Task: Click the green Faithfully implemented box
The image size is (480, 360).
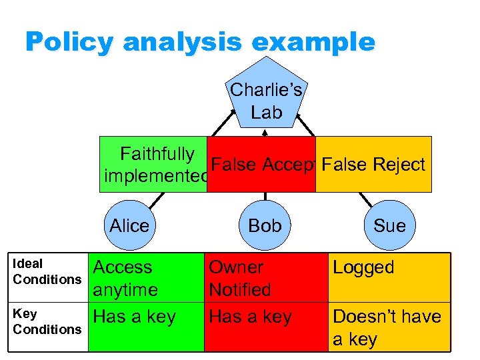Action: pyautogui.click(x=153, y=165)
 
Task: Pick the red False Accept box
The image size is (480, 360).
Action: pyautogui.click(x=261, y=165)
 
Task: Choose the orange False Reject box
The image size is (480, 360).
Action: pyautogui.click(x=373, y=165)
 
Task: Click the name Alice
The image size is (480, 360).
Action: pyautogui.click(x=129, y=226)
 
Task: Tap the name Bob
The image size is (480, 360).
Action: pyautogui.click(x=265, y=226)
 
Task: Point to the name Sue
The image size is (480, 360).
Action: pyautogui.click(x=389, y=226)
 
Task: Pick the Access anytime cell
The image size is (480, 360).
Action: pyautogui.click(x=125, y=279)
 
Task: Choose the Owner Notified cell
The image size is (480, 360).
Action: pyautogui.click(x=240, y=279)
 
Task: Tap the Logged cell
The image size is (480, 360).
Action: pyautogui.click(x=363, y=267)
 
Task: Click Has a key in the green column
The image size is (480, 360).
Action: pyautogui.click(x=135, y=317)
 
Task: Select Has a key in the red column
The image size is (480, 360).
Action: pyautogui.click(x=251, y=317)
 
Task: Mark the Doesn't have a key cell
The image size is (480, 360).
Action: pyautogui.click(x=387, y=327)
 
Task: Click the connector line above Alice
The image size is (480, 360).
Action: pyautogui.click(x=157, y=200)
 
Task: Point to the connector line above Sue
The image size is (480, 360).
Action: pyautogui.click(x=365, y=199)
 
